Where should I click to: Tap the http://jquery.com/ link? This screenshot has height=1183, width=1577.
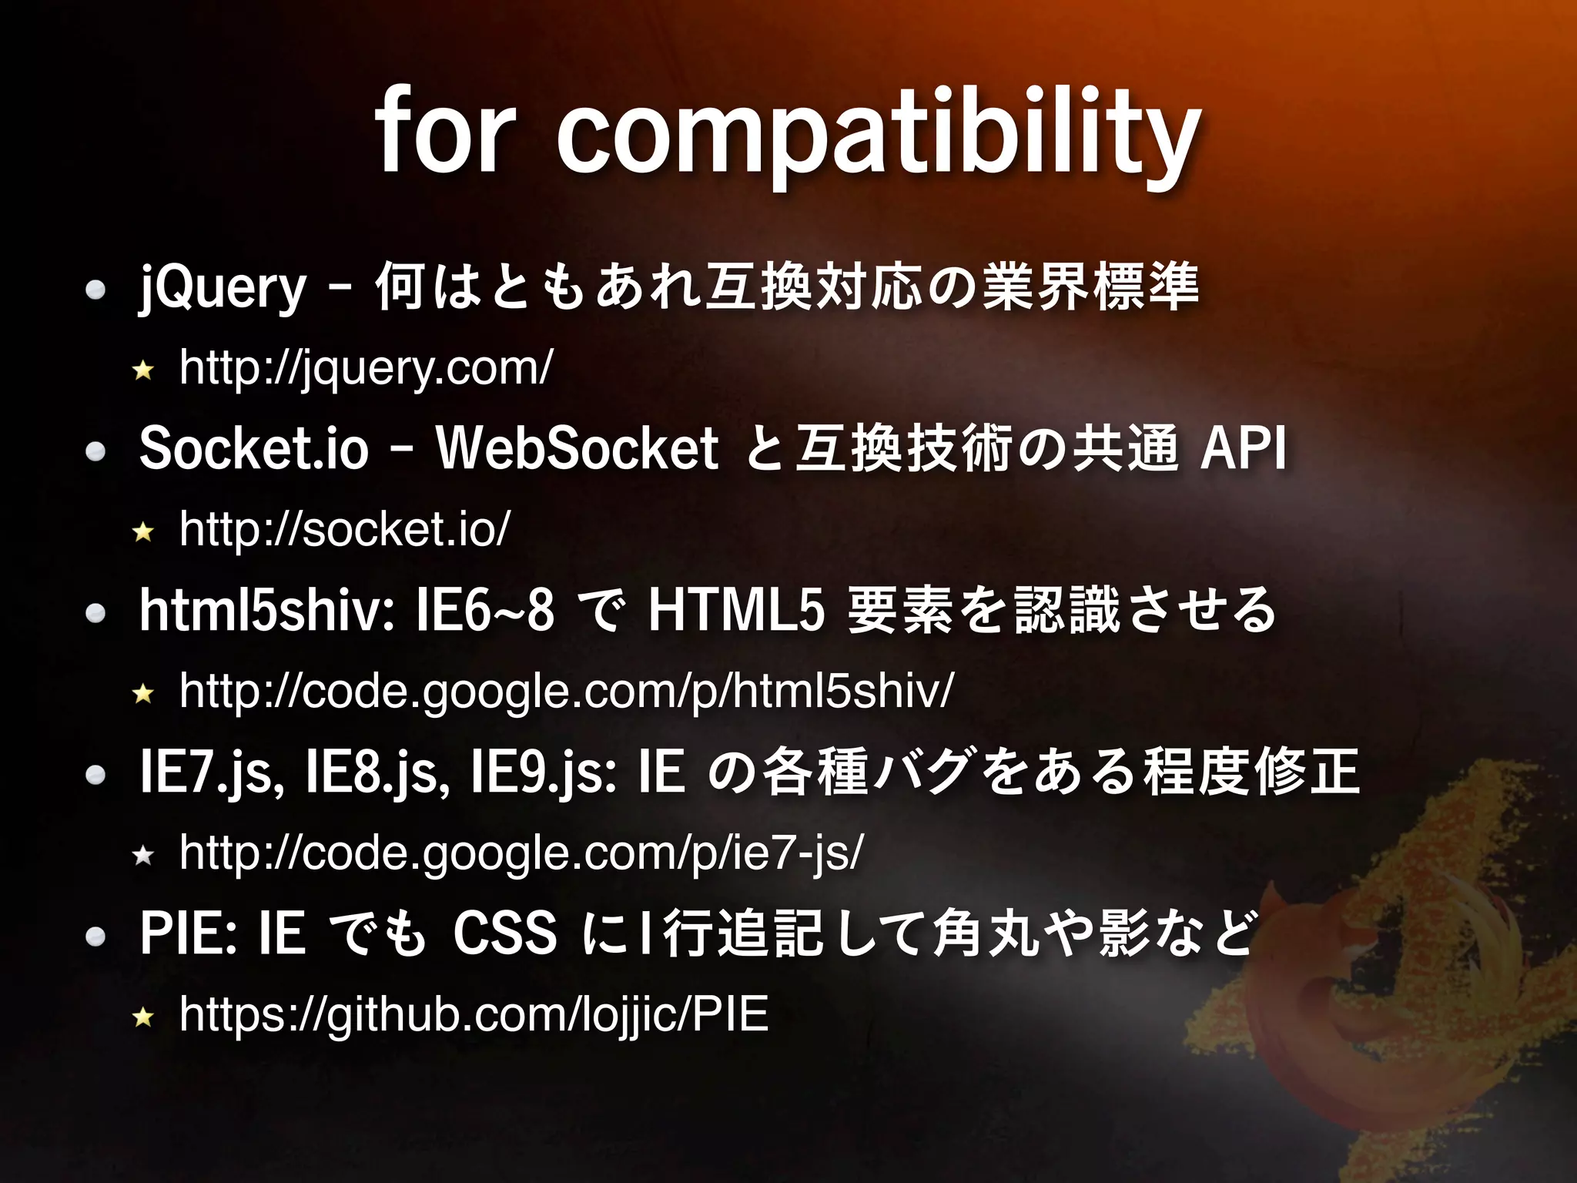366,368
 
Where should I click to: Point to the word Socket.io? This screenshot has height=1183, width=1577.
254,449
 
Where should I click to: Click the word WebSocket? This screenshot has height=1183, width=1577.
578,449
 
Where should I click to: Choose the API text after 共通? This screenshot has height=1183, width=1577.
1244,449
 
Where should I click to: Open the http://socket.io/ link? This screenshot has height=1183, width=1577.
344,530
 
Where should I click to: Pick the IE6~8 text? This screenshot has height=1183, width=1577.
484,610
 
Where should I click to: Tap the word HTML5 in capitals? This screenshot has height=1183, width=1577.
737,610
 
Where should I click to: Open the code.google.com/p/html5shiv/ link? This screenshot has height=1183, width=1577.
567,692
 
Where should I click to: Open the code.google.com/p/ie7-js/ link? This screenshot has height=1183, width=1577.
521,853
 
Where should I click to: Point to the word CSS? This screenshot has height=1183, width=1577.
504,933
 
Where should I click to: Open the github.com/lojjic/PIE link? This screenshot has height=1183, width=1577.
474,1015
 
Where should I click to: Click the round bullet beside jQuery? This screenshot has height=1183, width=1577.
95,290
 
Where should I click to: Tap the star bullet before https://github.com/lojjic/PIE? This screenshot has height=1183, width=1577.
143,1018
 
